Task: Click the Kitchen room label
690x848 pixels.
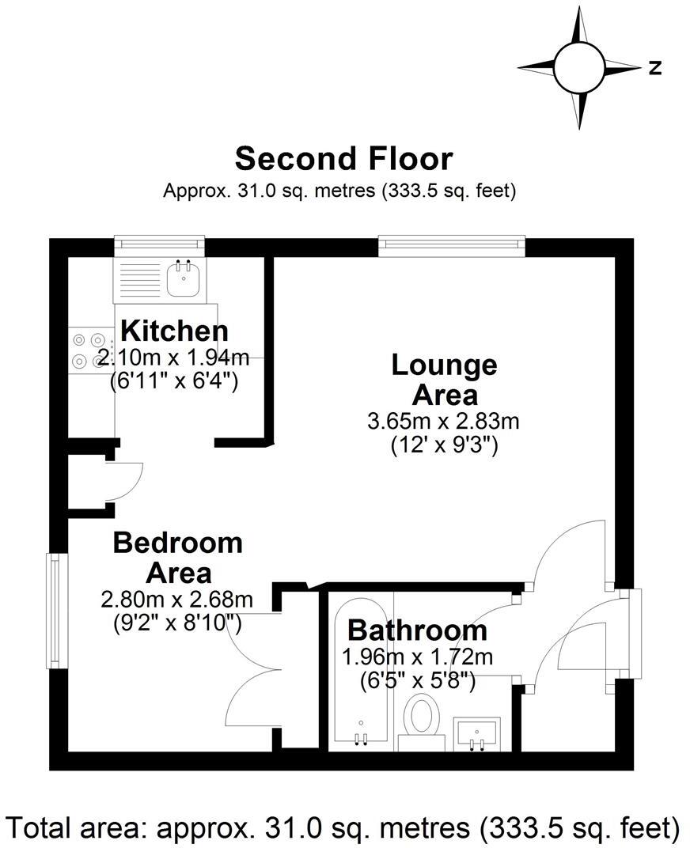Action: click(174, 331)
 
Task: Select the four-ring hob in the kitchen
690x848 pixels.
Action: click(89, 350)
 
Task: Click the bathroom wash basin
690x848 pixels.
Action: click(476, 733)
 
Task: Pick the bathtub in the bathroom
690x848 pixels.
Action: click(361, 672)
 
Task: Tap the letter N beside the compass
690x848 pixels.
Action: click(654, 69)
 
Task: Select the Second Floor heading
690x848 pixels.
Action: click(343, 158)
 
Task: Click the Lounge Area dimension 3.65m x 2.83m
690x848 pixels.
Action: click(443, 421)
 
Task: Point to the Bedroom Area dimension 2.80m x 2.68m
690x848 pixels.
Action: click(177, 600)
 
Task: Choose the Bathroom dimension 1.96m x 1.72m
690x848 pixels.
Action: click(417, 657)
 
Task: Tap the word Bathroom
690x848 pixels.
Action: click(417, 630)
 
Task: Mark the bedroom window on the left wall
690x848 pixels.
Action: click(54, 610)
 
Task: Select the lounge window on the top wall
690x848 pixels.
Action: click(452, 246)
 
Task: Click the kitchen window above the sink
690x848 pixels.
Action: click(159, 245)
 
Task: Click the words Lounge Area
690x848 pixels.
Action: click(445, 379)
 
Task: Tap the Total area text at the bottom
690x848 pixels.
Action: click(343, 827)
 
